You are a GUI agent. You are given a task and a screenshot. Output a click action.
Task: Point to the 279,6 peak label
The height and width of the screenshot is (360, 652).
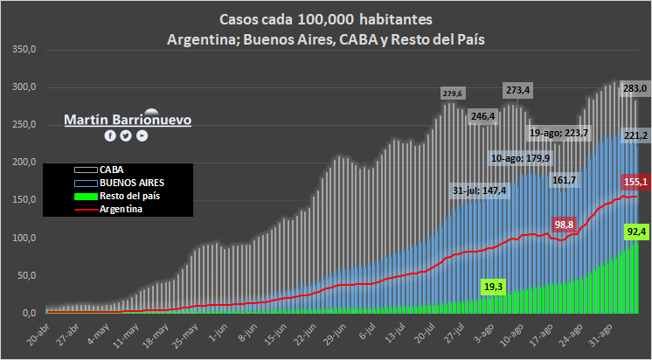pos(454,93)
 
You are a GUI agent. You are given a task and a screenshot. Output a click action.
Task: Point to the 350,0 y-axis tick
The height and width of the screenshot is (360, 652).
pos(24,50)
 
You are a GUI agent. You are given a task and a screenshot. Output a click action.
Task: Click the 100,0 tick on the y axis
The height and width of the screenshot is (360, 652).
pos(24,238)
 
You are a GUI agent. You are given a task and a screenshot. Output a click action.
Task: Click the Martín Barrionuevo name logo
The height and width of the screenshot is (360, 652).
pos(128,120)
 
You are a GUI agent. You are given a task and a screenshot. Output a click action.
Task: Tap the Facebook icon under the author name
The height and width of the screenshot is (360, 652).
pos(110,135)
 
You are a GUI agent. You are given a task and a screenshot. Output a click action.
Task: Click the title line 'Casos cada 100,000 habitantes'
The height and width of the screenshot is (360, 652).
pos(327,20)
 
